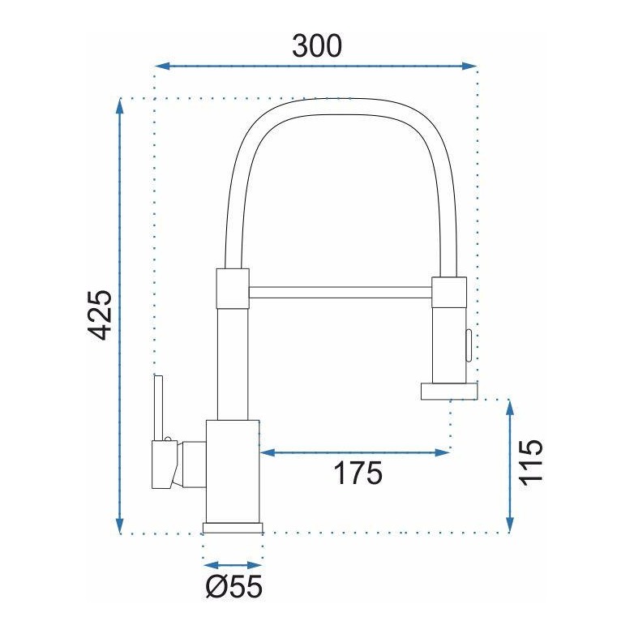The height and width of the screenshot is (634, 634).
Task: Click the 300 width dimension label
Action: coord(317,45)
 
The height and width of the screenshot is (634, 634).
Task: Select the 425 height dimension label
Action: coord(100,315)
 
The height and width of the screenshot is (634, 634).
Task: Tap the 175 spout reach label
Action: coord(358,473)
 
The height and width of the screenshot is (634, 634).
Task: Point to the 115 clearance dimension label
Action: coord(530,462)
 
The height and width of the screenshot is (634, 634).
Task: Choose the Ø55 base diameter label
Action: coord(233,586)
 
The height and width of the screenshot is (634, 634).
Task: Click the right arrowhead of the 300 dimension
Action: coord(469,66)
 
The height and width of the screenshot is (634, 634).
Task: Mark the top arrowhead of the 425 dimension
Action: coord(119,106)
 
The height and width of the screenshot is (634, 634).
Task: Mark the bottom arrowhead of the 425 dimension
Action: coord(119,525)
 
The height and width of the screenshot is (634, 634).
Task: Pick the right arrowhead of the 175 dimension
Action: coord(443,452)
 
